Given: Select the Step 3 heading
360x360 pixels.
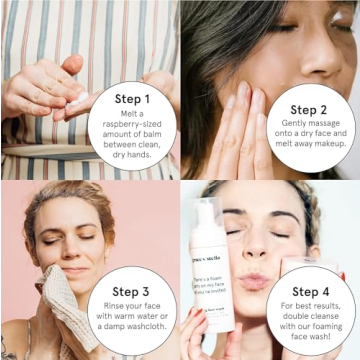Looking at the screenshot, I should pos(132,289).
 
